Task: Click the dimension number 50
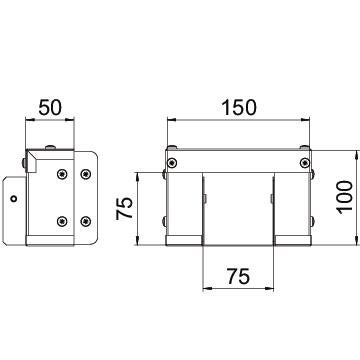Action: [x=50, y=108]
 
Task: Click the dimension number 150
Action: [x=239, y=108]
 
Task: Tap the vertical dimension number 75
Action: [x=124, y=208]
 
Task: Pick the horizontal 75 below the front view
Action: [x=239, y=276]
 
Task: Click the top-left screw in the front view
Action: [x=172, y=163]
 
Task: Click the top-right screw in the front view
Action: [x=305, y=163]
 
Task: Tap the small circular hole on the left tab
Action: [x=14, y=199]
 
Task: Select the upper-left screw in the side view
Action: [x=62, y=174]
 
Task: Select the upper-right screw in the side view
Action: [x=86, y=174]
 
